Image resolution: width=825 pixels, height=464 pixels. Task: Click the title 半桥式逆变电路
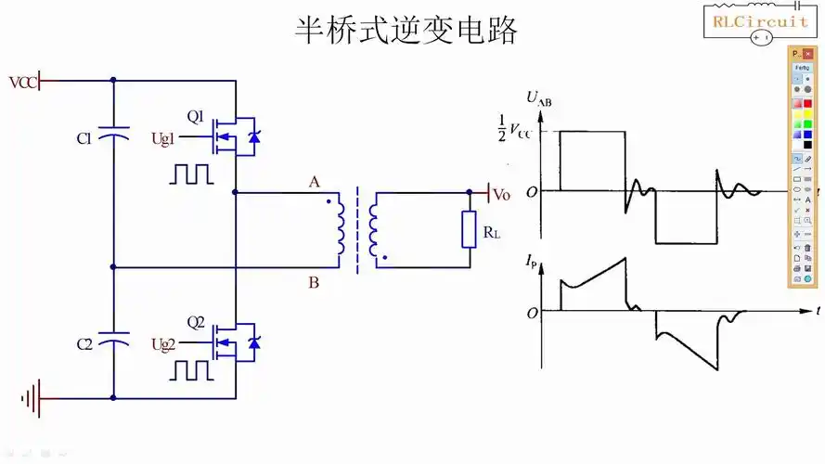(x=406, y=30)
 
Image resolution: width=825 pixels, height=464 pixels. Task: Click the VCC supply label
(x=23, y=82)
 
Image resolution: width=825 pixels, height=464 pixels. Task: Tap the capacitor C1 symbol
(x=113, y=137)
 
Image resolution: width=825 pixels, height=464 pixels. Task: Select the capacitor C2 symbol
(x=113, y=342)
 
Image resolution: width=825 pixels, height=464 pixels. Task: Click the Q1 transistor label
(x=196, y=117)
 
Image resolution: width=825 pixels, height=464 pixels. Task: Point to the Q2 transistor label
(x=196, y=323)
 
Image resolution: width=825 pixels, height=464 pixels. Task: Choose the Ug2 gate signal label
(x=163, y=344)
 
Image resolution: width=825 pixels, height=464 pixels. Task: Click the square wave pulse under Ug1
(x=191, y=174)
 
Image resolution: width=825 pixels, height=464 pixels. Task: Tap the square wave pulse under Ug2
(x=192, y=370)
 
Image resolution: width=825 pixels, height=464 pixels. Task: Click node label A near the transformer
(x=315, y=182)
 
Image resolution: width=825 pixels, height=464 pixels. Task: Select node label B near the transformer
(x=314, y=282)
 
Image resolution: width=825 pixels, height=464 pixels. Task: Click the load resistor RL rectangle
(x=470, y=229)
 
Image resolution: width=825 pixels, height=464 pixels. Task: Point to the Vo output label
(x=501, y=195)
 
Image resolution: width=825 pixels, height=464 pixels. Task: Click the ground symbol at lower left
(x=31, y=399)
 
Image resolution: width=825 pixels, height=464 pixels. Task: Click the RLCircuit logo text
(x=759, y=19)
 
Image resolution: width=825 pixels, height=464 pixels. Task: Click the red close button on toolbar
(x=807, y=55)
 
